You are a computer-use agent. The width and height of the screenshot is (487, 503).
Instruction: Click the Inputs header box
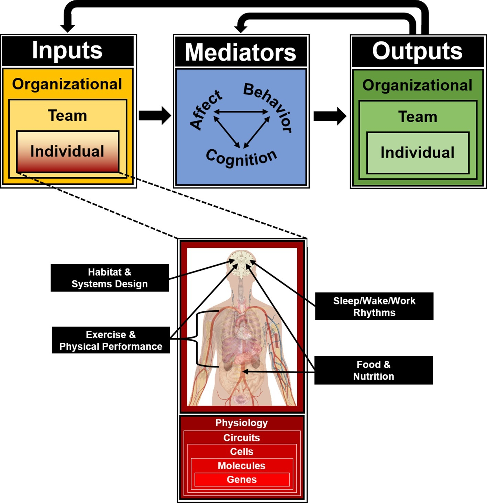(x=67, y=51)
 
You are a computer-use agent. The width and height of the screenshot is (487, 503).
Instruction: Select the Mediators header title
(x=241, y=52)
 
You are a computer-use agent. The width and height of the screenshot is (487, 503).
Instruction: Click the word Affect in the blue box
(x=206, y=109)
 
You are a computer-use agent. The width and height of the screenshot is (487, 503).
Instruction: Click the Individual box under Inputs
(x=67, y=151)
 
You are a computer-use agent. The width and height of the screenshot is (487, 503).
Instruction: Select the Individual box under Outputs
(x=417, y=153)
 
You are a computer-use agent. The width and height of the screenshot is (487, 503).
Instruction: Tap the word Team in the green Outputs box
(x=418, y=117)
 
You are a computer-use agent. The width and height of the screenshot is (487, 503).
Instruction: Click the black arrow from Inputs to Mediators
(x=155, y=116)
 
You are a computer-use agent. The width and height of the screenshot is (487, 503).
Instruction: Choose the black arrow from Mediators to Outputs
(x=329, y=116)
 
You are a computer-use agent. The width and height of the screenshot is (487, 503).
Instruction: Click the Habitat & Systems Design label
(x=110, y=278)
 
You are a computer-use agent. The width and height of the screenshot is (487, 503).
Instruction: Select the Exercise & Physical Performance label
(x=111, y=340)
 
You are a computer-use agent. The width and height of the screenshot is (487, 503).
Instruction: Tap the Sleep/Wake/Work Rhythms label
(x=374, y=307)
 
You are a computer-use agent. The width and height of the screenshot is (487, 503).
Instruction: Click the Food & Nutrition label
(x=373, y=370)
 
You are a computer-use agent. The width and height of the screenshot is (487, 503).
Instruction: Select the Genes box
(x=242, y=480)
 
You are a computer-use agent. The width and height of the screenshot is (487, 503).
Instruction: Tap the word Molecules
(x=242, y=466)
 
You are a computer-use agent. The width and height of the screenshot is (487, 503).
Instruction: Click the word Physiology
(x=242, y=423)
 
